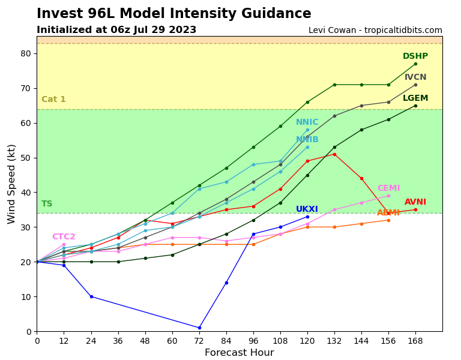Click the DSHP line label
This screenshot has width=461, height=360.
(x=415, y=56)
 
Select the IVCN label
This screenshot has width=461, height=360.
(x=415, y=77)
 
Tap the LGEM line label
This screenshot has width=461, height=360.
(x=415, y=98)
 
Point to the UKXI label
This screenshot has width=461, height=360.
(x=307, y=209)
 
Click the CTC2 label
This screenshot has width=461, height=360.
(x=64, y=237)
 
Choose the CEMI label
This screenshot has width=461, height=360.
(x=388, y=188)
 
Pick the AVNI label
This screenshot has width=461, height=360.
(x=415, y=202)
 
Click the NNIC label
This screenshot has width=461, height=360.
(x=307, y=122)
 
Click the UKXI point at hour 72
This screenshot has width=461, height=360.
(x=199, y=328)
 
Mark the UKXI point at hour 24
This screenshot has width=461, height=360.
(x=91, y=296)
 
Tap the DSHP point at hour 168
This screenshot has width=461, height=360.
(x=415, y=64)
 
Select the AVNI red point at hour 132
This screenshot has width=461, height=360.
(x=334, y=154)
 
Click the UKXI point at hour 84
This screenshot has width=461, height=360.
(x=226, y=283)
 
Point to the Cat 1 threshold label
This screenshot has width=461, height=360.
(x=53, y=100)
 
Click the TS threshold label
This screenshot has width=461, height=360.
(x=47, y=204)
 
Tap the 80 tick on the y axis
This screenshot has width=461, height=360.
(x=26, y=53)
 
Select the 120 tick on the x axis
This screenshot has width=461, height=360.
(x=307, y=341)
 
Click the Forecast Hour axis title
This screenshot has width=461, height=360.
(x=239, y=353)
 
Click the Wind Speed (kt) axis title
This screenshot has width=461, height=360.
(x=12, y=184)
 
